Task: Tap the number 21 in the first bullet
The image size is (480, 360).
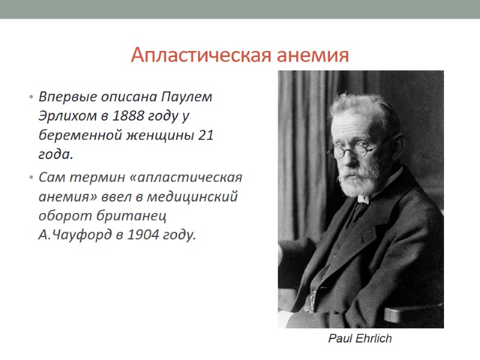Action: [x=205, y=136]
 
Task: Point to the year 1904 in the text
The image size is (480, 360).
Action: [x=159, y=234]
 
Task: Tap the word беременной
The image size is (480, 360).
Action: [x=73, y=136]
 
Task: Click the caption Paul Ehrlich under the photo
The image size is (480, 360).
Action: [x=359, y=339]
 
